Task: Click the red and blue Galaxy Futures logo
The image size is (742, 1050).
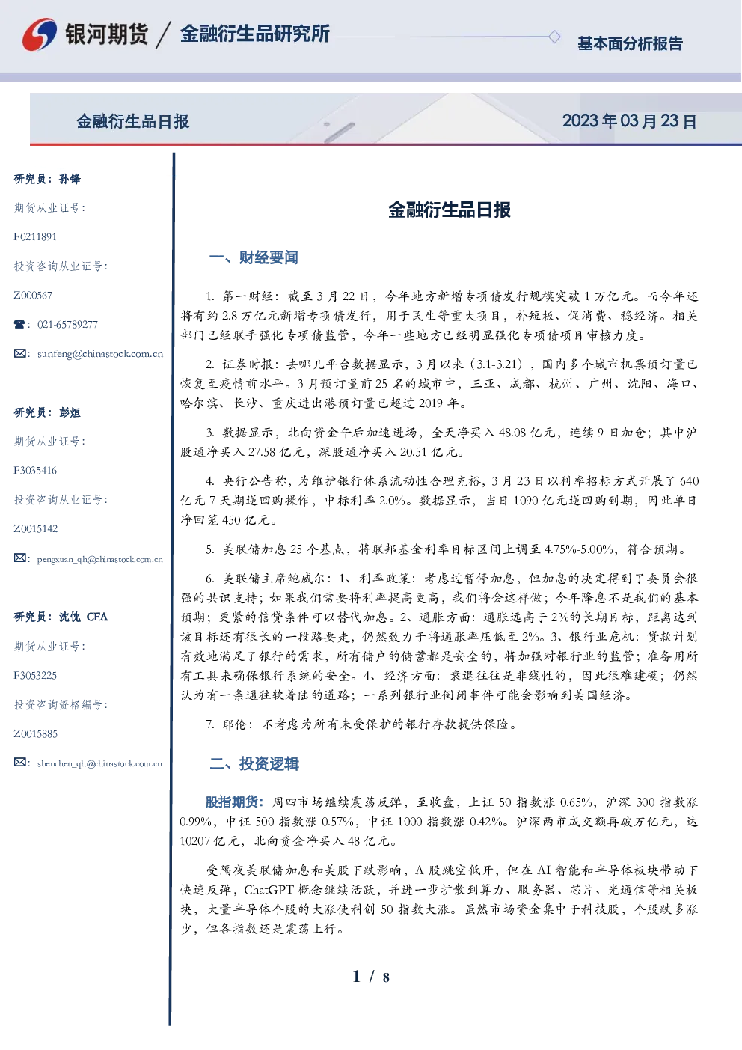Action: tap(40, 34)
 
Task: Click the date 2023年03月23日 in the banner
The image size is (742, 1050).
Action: tap(630, 121)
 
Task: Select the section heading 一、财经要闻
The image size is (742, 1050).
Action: tap(254, 257)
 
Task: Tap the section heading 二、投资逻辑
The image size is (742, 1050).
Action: tap(254, 763)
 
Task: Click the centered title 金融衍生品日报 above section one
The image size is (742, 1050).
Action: tap(450, 210)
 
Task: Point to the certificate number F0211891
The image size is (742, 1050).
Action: tap(35, 237)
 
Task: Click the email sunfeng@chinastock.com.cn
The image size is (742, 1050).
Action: tap(100, 354)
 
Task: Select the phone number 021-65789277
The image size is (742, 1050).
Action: tap(67, 324)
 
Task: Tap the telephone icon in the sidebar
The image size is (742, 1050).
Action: tap(19, 324)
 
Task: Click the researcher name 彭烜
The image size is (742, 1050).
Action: tap(70, 412)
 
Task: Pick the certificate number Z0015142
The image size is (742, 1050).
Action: tap(36, 529)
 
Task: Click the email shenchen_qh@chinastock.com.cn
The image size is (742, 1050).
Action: tap(99, 763)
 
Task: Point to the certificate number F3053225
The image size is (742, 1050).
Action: tap(35, 676)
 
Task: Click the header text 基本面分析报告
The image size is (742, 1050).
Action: tap(630, 43)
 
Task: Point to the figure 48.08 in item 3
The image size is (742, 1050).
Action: tap(512, 432)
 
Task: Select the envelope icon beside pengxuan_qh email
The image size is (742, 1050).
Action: tap(19, 558)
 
